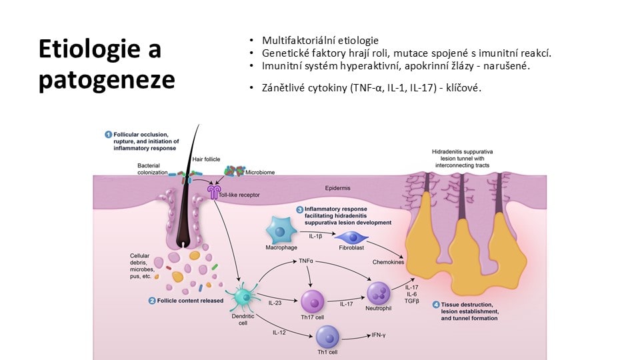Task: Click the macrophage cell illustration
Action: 281,230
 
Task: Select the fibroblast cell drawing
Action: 351,237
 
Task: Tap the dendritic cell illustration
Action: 244,297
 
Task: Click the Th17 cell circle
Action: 313,302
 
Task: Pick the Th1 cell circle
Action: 328,337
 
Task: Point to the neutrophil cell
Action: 379,293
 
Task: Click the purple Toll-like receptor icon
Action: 213,192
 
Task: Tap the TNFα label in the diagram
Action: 306,261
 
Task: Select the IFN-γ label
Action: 379,335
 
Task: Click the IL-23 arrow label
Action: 275,303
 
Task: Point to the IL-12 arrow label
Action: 279,333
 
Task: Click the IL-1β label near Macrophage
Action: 315,236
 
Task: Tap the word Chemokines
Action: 388,262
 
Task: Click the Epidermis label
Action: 337,188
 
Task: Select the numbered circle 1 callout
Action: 108,134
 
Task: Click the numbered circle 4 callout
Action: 436,305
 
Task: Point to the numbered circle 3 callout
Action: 299,209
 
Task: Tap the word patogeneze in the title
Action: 107,80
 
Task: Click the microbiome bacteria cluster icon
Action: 234,171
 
